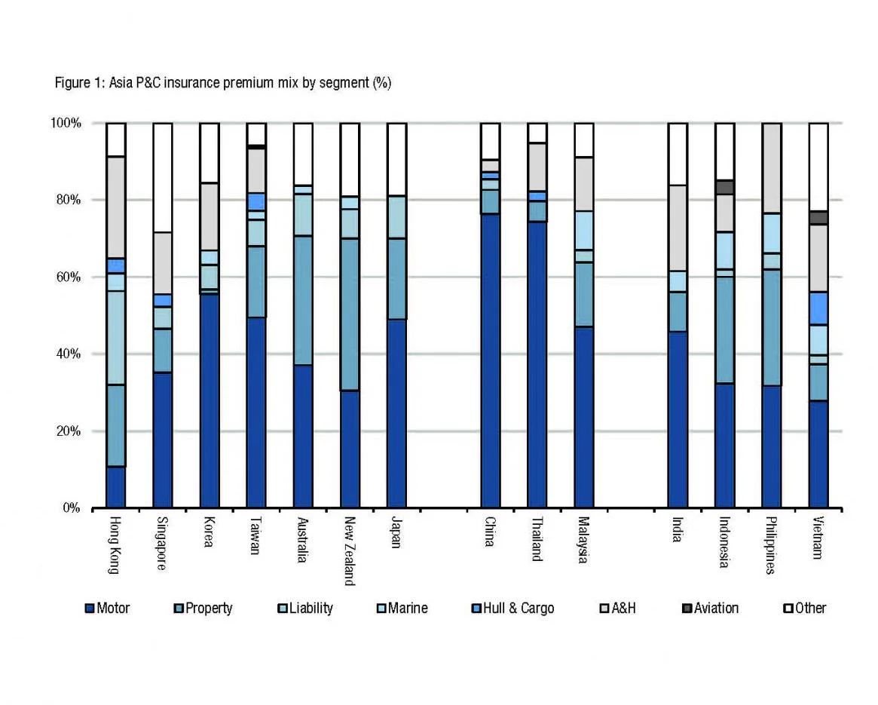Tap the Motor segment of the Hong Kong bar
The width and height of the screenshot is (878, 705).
click(115, 487)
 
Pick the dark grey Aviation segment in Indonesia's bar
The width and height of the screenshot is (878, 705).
click(724, 187)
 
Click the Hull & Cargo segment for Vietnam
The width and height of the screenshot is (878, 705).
click(818, 308)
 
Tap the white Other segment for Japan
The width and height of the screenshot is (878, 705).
click(396, 159)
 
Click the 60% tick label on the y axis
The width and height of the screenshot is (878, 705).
click(67, 277)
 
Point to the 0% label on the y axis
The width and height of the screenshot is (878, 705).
click(70, 508)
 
